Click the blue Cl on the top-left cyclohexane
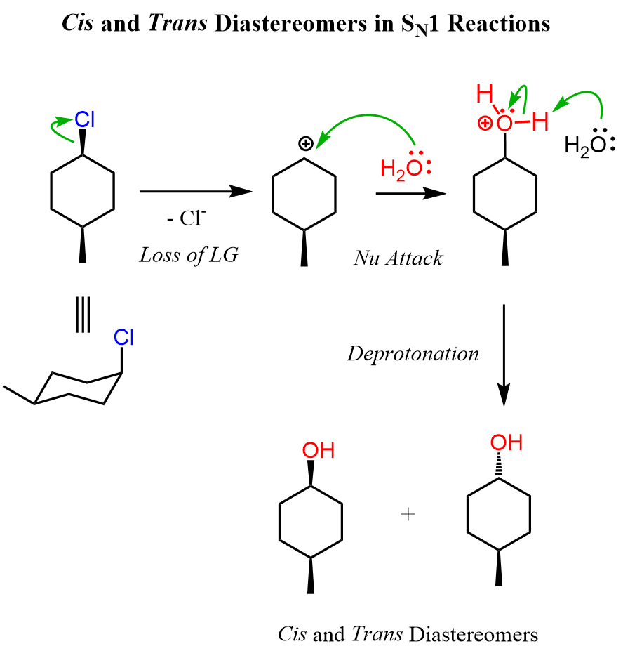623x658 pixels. tap(85, 120)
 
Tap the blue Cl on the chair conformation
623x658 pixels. tap(124, 338)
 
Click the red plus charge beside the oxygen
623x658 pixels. tap(484, 124)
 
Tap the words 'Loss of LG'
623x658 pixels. tap(188, 254)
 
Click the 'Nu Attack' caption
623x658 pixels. tap(398, 258)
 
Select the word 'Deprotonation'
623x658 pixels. tap(413, 353)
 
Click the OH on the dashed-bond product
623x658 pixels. tap(506, 443)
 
